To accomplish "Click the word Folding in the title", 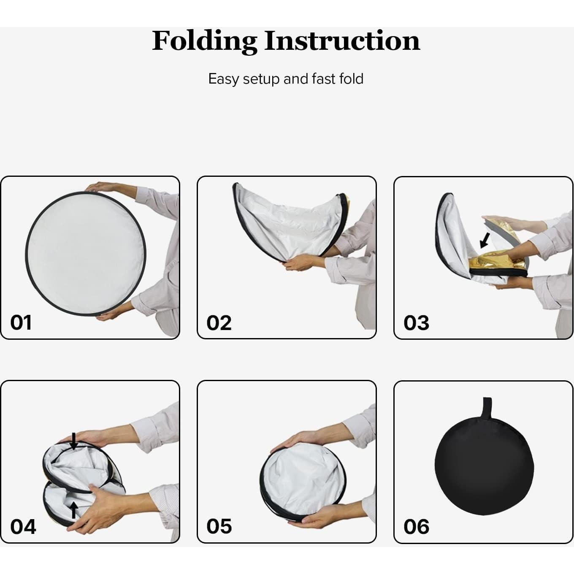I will point(204,41).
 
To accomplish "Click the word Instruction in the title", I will point(342,41).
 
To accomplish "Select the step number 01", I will point(21,323).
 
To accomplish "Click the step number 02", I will point(219,323).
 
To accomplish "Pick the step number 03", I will point(416,323).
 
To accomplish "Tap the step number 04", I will point(23,527).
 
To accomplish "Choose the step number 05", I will point(219,526).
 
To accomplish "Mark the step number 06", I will point(416,527).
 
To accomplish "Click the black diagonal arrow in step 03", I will point(485,240).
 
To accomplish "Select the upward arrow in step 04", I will point(73,510).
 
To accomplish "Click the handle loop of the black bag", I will point(487,406).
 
